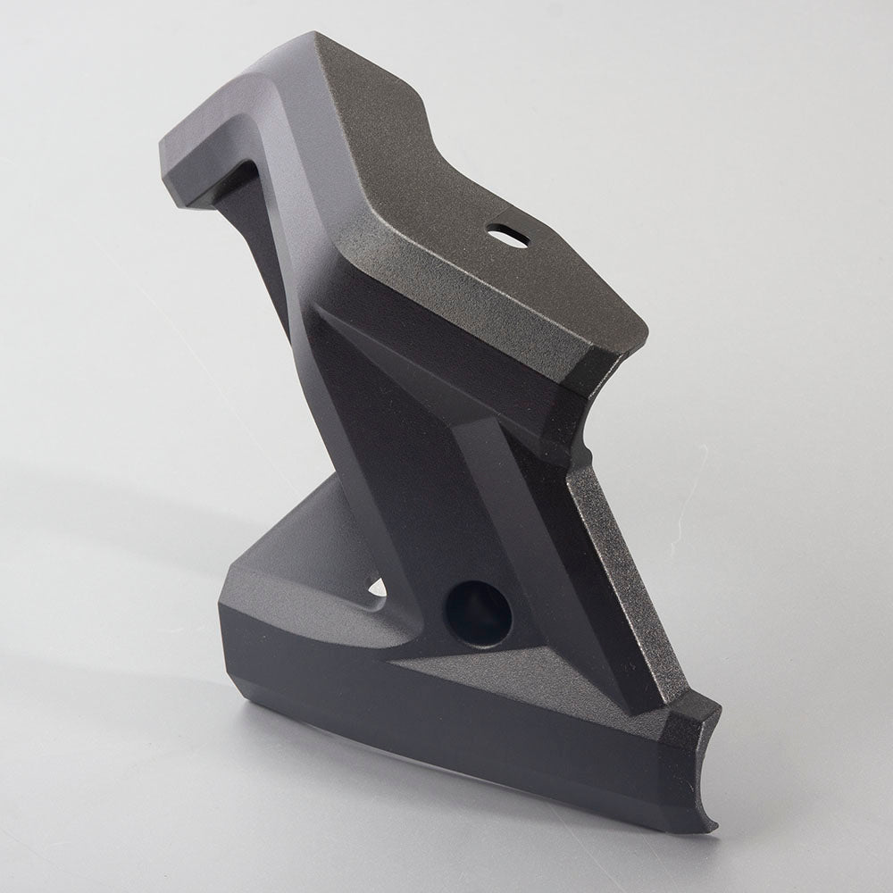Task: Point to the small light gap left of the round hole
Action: click(x=377, y=588)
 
